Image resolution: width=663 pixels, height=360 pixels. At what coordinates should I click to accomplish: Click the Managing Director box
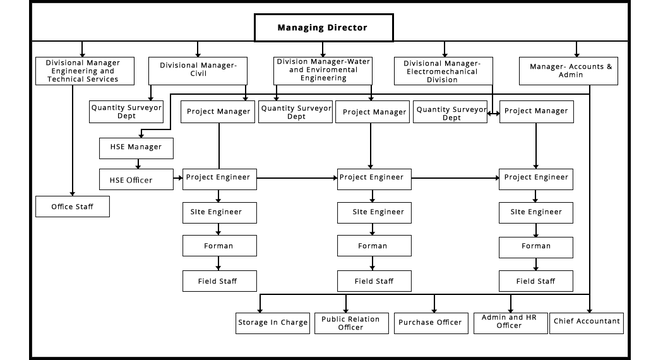click(x=324, y=28)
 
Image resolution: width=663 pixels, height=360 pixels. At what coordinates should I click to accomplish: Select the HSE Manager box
click(x=136, y=148)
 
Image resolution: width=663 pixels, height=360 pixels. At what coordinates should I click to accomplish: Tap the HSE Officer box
click(x=136, y=179)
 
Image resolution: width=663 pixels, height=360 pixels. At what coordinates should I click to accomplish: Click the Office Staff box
click(x=73, y=207)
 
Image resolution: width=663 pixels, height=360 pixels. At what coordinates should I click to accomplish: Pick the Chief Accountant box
click(x=587, y=323)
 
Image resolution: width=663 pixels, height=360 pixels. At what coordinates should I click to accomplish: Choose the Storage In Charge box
click(x=273, y=323)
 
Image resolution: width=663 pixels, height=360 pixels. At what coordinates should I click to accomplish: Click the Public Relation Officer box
click(x=351, y=323)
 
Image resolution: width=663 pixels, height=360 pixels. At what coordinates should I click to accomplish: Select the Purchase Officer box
click(x=431, y=323)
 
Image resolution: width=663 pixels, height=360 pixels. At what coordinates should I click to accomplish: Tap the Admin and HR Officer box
click(x=510, y=323)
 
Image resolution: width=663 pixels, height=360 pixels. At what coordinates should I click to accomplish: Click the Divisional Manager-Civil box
click(x=198, y=71)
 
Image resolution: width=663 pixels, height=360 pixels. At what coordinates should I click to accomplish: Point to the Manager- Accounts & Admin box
click(x=568, y=71)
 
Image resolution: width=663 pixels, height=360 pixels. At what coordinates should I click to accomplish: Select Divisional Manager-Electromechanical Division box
click(x=443, y=71)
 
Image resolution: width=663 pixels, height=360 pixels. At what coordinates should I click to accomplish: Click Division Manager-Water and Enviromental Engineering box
click(x=323, y=71)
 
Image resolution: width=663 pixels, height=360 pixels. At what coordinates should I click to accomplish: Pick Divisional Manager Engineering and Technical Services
click(x=85, y=71)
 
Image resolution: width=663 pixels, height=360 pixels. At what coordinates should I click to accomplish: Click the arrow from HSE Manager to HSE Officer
click(x=138, y=164)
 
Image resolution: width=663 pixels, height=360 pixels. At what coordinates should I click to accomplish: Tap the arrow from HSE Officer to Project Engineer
click(x=178, y=178)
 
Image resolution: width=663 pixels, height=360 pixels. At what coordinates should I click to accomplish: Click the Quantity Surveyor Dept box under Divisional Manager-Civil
click(x=126, y=112)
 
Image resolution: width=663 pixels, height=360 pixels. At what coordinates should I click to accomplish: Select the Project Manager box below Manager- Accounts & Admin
click(x=537, y=112)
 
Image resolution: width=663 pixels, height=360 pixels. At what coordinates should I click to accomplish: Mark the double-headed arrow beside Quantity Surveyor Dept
click(x=493, y=114)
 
